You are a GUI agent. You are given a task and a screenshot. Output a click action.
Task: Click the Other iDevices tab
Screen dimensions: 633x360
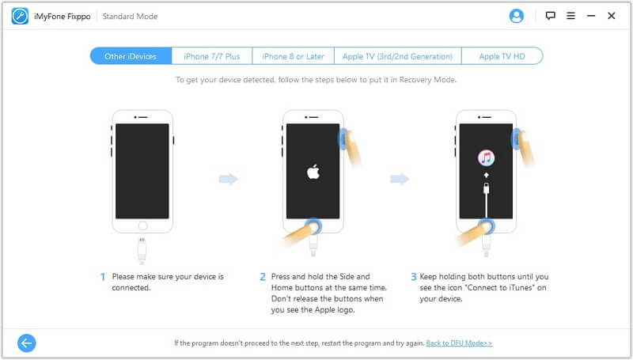131,56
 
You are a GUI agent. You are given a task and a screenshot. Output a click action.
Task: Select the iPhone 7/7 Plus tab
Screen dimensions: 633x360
212,56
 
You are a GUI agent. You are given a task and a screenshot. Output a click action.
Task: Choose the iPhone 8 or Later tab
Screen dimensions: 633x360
294,56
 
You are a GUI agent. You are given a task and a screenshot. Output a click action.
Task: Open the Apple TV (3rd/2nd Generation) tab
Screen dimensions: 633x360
398,56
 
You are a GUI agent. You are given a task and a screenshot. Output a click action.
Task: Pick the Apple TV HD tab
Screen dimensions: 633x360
502,56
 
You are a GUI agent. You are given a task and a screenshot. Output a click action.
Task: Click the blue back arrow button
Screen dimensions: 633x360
27,343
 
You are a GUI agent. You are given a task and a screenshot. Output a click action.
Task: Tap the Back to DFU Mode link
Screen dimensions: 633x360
459,343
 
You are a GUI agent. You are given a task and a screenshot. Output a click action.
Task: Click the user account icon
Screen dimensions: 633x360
517,16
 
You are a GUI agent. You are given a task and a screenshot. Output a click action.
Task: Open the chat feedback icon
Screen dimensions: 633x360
550,16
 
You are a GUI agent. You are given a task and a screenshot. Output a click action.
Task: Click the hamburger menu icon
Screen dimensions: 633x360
570,16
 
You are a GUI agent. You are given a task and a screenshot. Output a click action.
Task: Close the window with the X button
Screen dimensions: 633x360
612,16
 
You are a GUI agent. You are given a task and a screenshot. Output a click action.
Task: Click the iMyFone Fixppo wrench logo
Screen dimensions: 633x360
20,16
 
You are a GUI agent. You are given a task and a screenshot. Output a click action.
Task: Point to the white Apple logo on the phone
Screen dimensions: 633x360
313,172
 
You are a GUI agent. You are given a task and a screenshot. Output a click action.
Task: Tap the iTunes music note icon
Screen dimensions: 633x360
486,157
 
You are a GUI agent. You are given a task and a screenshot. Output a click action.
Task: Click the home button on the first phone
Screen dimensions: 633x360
142,225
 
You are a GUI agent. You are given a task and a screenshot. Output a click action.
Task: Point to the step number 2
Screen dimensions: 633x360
263,276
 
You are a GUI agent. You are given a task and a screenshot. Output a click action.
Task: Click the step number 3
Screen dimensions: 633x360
413,276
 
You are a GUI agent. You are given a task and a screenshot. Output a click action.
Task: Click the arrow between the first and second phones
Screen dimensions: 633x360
229,179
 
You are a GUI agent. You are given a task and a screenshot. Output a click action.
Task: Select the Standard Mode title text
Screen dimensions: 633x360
130,16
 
